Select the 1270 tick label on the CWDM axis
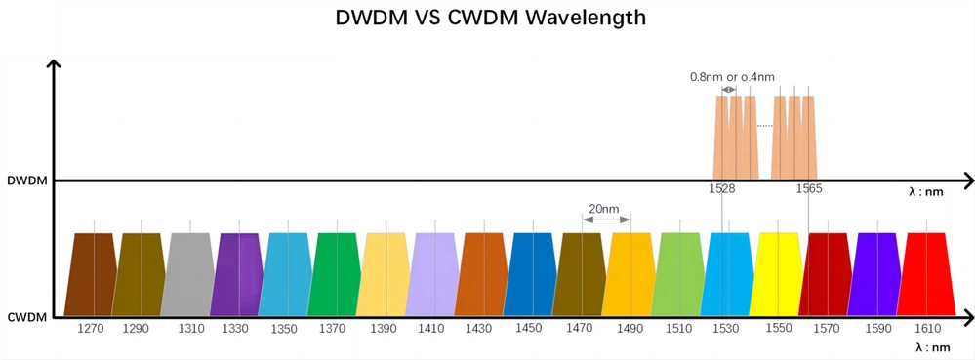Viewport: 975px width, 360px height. (90, 329)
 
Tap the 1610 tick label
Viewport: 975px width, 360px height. (928, 329)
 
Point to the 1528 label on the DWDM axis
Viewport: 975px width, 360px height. (722, 189)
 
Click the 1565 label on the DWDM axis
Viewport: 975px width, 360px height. (808, 189)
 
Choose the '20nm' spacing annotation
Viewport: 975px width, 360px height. (604, 209)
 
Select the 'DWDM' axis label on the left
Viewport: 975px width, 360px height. (27, 181)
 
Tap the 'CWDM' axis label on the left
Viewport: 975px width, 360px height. (26, 317)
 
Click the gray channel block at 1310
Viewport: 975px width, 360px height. (191, 274)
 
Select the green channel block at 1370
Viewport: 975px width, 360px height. (335, 274)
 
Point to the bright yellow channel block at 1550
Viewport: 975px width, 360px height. (778, 274)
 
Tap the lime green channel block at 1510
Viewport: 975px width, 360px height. (679, 274)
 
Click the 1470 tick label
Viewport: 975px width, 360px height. (579, 329)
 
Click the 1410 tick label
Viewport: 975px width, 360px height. (431, 329)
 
